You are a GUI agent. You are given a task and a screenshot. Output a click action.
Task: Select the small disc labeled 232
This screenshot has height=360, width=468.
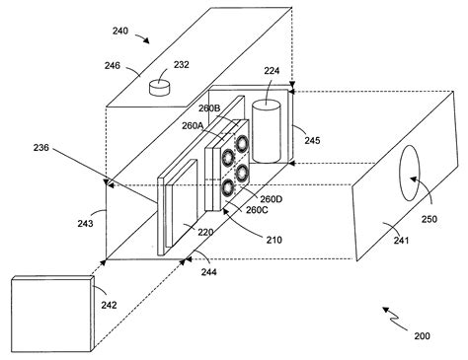click(x=160, y=88)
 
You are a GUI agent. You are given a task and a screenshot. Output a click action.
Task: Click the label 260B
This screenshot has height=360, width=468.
click(x=210, y=109)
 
